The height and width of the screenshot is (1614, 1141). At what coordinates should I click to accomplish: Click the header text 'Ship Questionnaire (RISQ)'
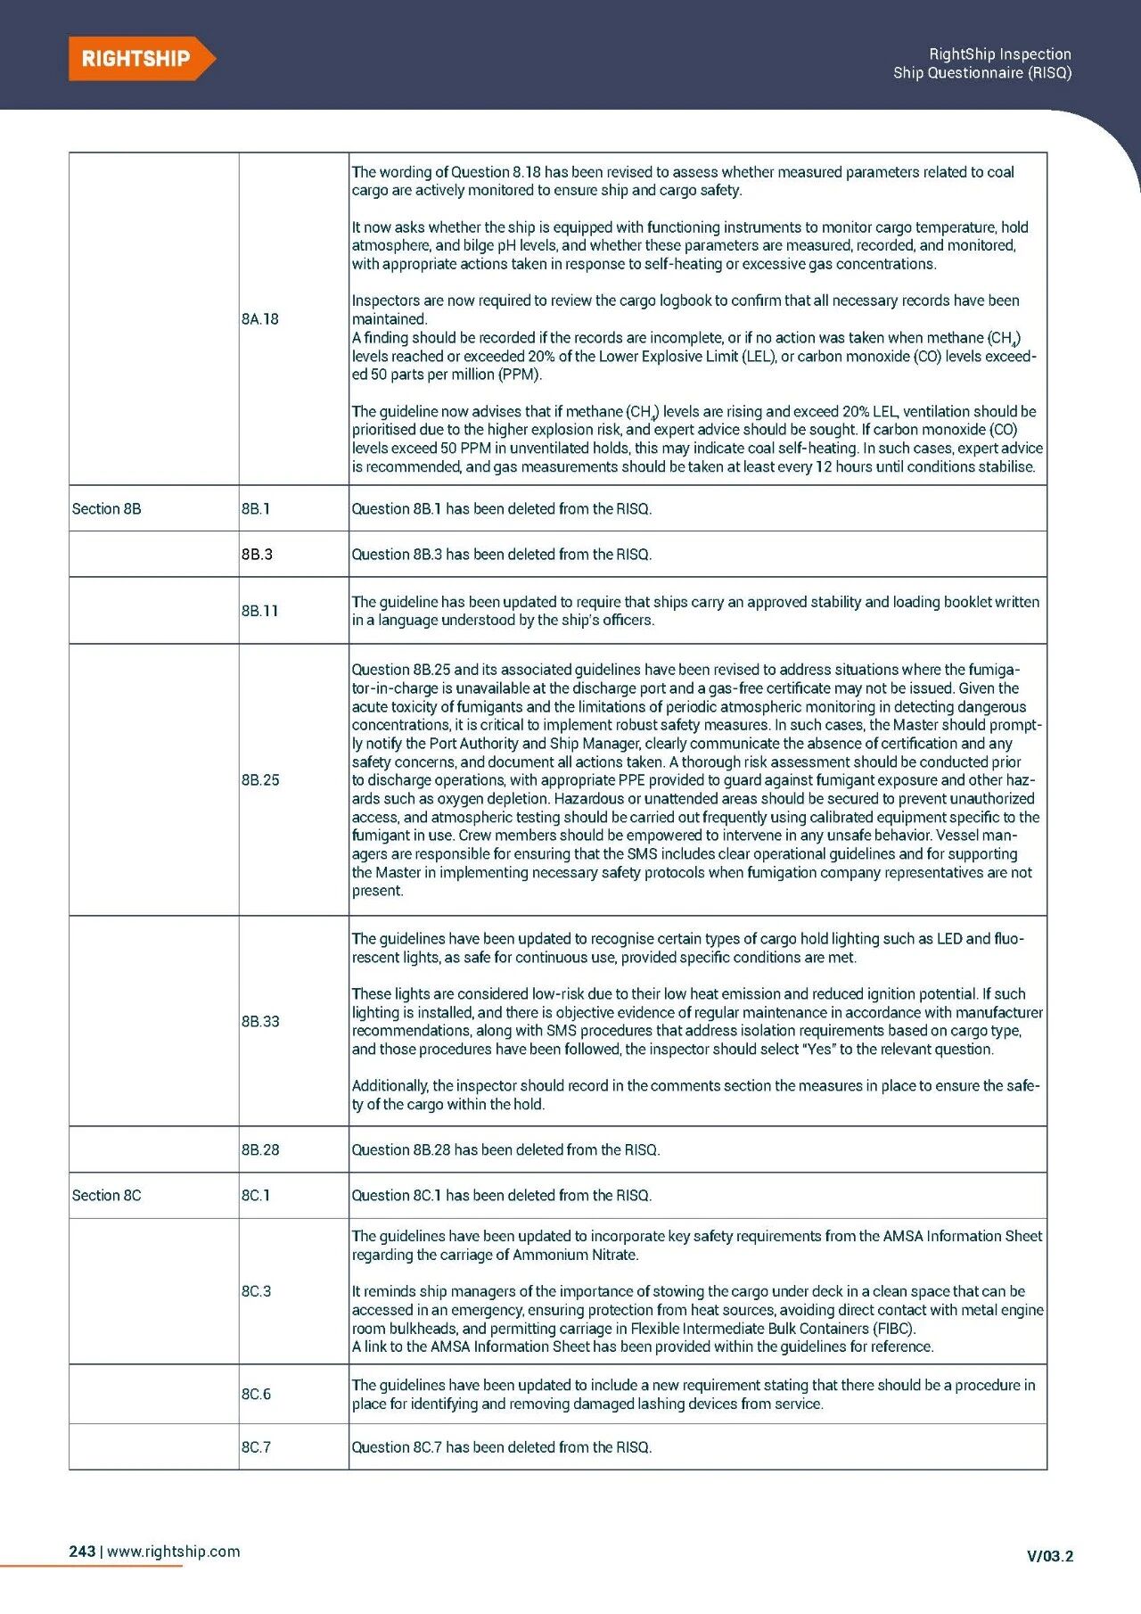point(981,73)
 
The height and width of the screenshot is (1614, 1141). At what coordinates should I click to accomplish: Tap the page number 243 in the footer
point(82,1551)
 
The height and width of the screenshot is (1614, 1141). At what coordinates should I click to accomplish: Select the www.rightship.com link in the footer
point(174,1551)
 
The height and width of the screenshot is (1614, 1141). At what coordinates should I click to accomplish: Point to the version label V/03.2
point(1050,1556)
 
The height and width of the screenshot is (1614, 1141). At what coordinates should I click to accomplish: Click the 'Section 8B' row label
point(107,509)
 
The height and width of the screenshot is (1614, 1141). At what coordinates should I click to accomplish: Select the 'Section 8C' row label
point(107,1195)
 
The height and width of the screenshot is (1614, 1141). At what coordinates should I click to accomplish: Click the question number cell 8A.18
point(260,319)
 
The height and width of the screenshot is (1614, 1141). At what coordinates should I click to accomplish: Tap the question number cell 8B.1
point(256,509)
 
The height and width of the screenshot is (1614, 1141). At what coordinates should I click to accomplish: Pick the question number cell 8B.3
point(257,555)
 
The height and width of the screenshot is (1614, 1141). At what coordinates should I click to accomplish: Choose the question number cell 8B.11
point(259,611)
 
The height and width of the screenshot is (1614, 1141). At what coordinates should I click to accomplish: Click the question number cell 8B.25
point(260,780)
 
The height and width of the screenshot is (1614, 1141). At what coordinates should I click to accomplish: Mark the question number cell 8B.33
point(260,1021)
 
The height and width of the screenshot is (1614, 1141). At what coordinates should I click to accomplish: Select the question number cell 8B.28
point(260,1150)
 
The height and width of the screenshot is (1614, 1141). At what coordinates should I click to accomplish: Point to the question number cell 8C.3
point(257,1291)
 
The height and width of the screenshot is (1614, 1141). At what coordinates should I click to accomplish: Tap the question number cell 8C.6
point(257,1394)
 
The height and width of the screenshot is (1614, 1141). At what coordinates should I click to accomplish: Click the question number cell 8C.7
point(257,1447)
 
